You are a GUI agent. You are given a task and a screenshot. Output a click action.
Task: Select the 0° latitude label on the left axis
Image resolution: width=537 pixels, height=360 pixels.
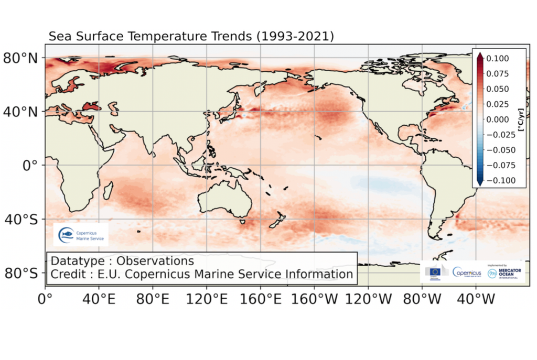(30, 165)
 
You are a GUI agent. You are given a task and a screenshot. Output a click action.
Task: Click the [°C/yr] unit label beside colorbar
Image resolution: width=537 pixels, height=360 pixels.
(521, 119)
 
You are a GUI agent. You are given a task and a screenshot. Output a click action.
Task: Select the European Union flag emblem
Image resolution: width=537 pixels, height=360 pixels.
(434, 271)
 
